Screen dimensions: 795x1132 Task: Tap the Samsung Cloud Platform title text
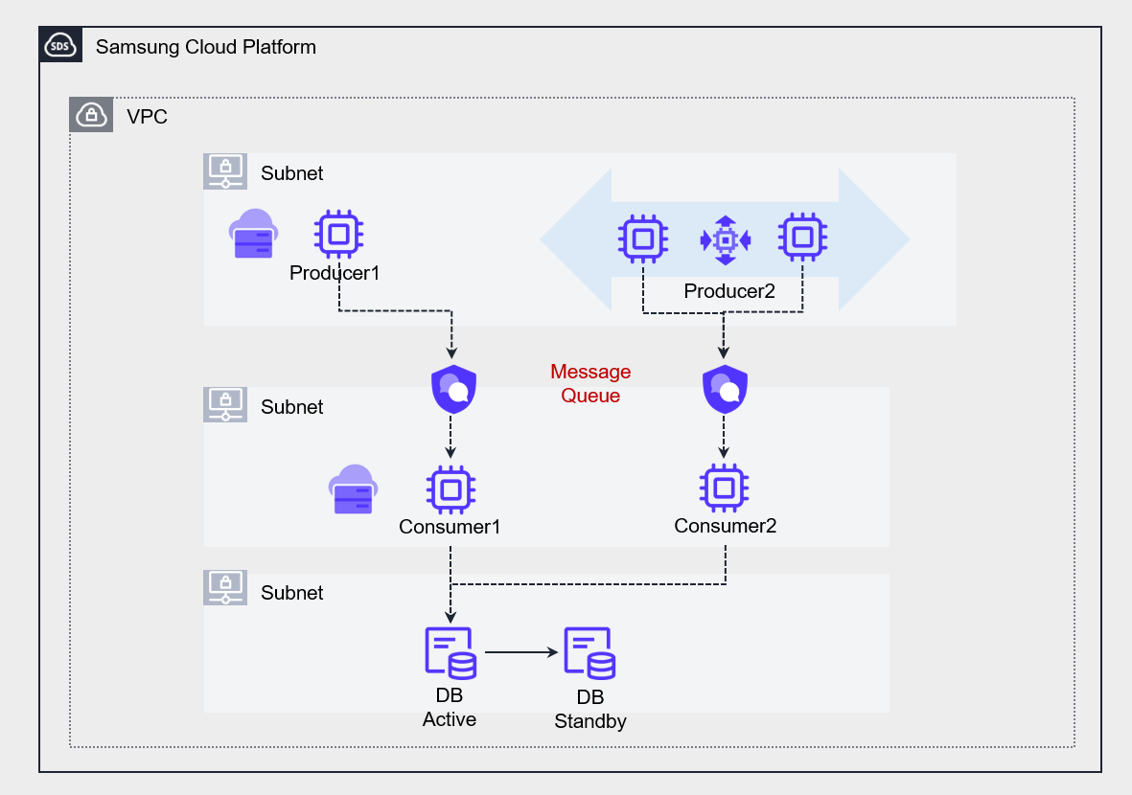point(205,46)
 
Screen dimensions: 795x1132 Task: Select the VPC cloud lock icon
point(91,116)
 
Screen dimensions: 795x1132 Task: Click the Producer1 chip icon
point(338,234)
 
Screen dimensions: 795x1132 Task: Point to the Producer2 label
point(728,291)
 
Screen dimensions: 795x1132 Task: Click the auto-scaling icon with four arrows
point(726,238)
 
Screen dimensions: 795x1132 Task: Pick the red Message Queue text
point(590,383)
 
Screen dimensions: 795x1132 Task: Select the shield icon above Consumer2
point(725,388)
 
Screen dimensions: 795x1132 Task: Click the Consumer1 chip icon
point(450,490)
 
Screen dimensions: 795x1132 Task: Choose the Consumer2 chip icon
point(724,488)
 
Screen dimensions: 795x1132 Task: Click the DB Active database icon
point(450,653)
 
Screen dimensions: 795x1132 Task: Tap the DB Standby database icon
point(589,653)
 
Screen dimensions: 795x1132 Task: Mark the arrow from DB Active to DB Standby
point(522,652)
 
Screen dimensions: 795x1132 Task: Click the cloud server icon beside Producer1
point(253,235)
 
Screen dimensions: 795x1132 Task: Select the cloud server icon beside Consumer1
point(353,489)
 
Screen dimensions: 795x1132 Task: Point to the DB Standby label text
point(590,710)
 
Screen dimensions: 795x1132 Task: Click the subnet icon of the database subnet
point(225,587)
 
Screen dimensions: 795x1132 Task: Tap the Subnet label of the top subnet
point(291,173)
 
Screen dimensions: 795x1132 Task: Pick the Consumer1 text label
point(450,527)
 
